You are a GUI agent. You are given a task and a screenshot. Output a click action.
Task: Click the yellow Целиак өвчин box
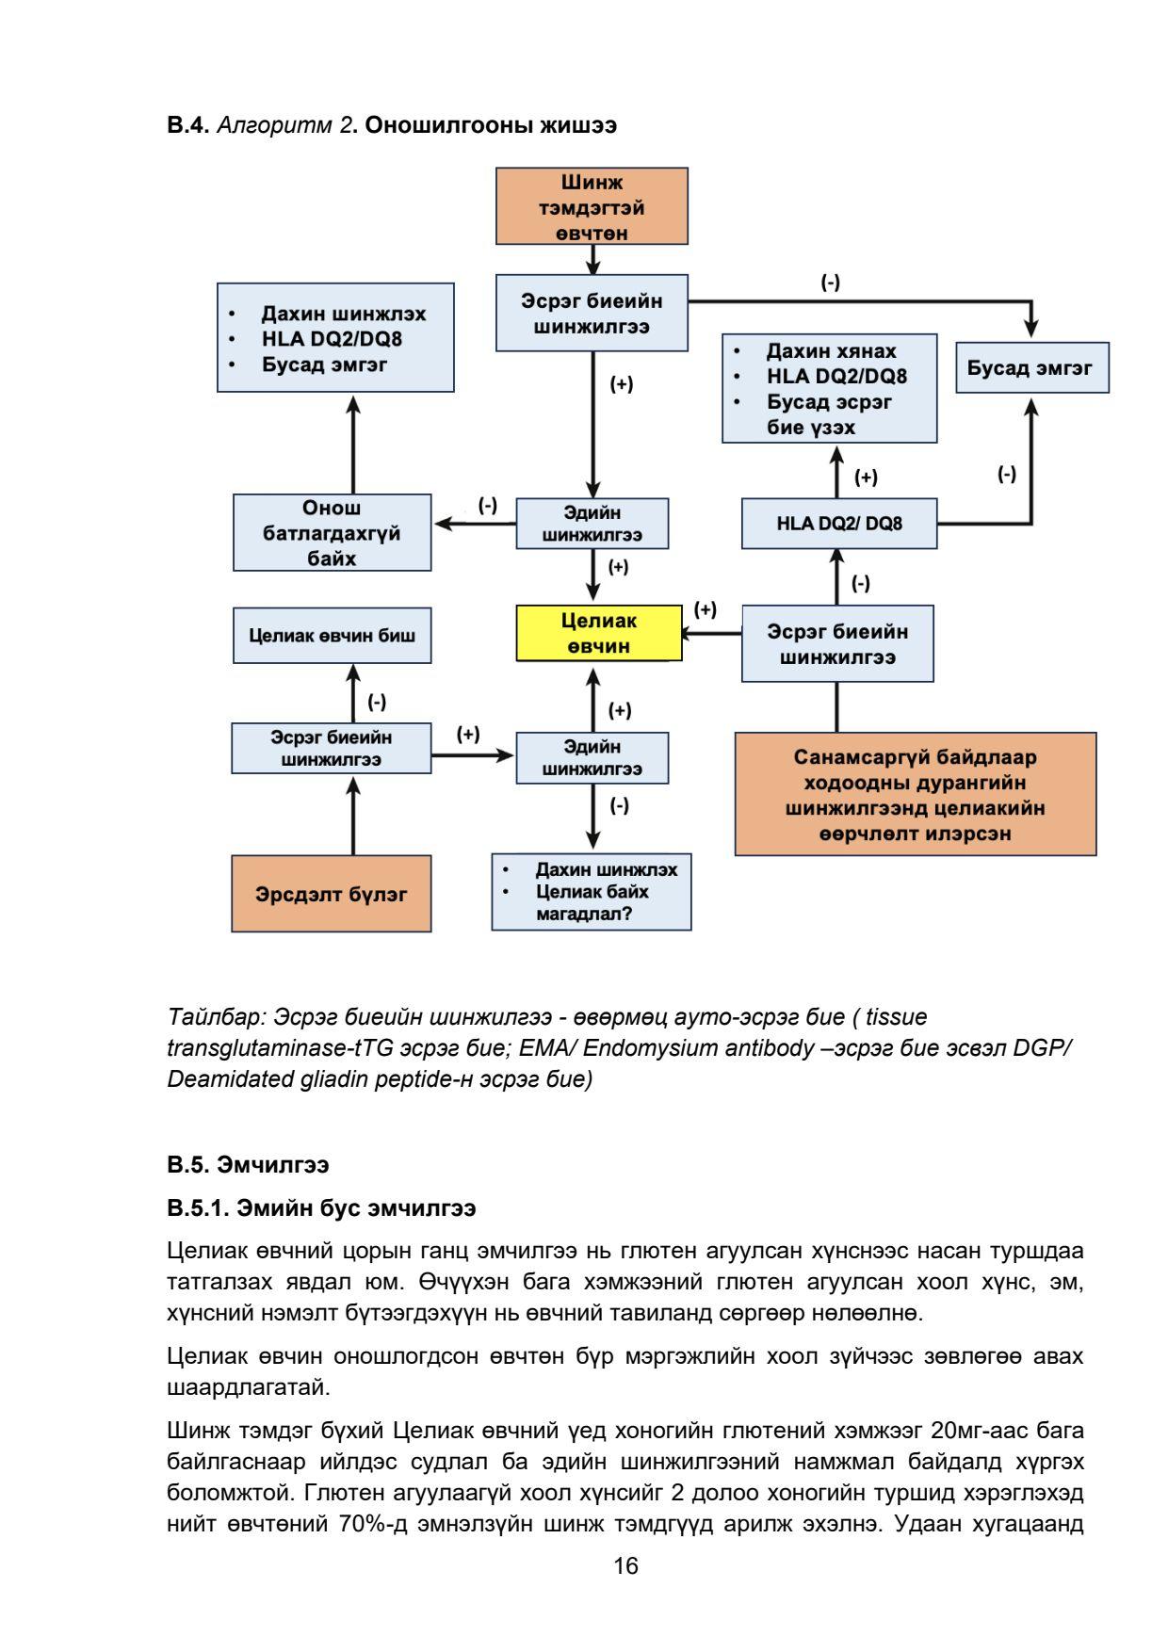(599, 633)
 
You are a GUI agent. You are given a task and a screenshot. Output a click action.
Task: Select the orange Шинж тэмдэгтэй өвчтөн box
(592, 206)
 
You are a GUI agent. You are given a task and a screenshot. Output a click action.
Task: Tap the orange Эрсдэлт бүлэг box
(332, 894)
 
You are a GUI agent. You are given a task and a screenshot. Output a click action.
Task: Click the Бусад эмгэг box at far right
(1031, 367)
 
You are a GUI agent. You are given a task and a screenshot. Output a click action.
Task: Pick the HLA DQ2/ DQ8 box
(838, 524)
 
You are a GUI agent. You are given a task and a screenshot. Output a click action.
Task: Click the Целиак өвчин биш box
(332, 635)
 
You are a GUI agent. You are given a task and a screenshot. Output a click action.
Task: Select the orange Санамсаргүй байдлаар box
(915, 794)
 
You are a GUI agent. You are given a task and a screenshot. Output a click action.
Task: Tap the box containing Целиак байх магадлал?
(591, 891)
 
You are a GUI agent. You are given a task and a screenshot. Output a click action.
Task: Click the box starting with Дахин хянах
(829, 388)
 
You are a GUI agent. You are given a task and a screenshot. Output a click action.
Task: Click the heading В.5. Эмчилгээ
(248, 1165)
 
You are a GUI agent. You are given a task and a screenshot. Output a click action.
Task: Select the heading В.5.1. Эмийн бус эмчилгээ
(321, 1207)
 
